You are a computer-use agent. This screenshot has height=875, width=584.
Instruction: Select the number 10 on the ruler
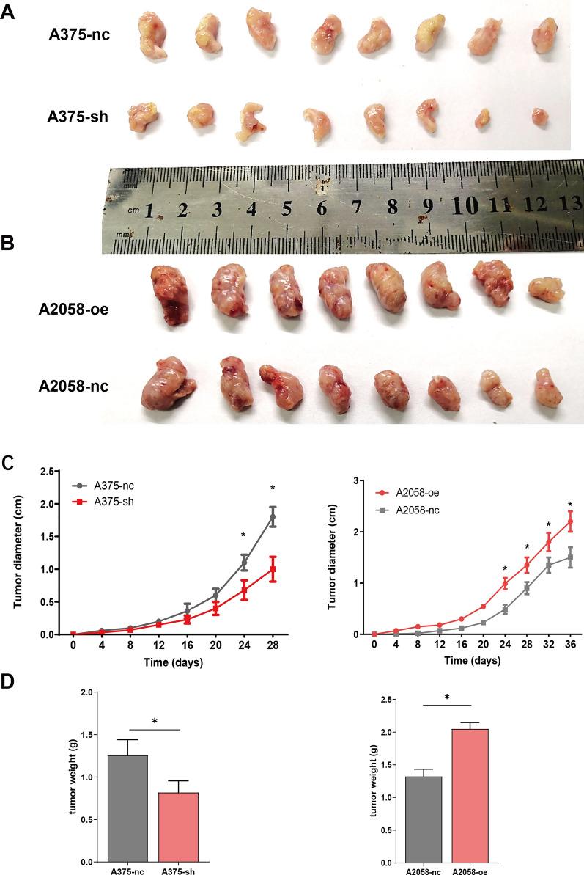(x=462, y=207)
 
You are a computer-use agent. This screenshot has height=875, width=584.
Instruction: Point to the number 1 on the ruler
(x=149, y=211)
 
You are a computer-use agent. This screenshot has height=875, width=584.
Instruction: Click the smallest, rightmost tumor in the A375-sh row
(x=541, y=116)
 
